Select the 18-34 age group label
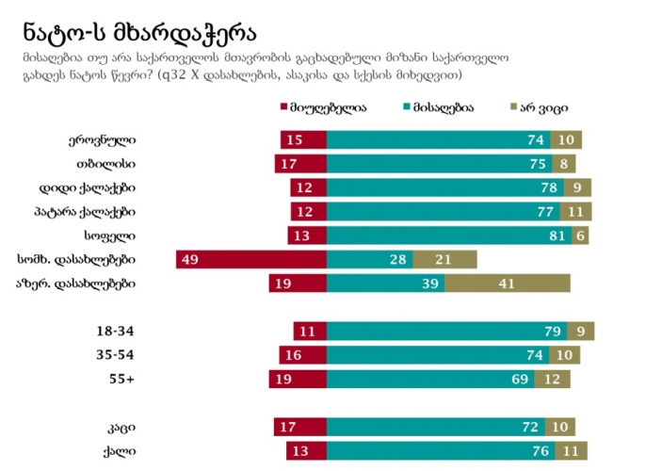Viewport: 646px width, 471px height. coord(118,332)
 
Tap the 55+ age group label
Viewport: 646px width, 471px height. coord(124,379)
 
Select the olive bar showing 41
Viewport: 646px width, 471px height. coord(513,283)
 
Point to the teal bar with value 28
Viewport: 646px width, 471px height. coord(369,259)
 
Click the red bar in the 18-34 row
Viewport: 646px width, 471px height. coord(310,332)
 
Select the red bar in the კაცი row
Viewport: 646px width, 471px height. coord(300,426)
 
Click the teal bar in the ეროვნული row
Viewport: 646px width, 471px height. coord(438,139)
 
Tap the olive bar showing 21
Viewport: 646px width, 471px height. coord(444,259)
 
